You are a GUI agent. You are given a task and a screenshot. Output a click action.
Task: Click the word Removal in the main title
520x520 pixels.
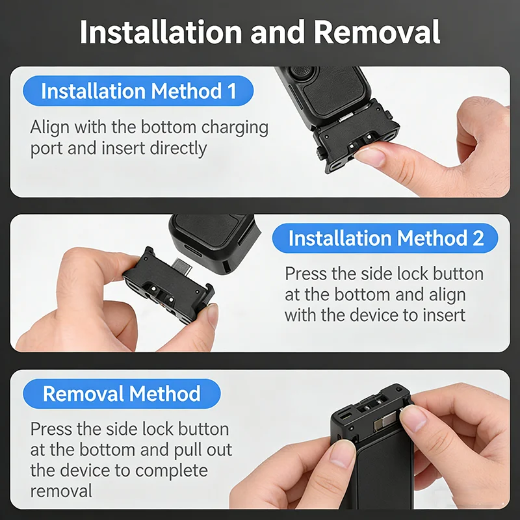[377, 32]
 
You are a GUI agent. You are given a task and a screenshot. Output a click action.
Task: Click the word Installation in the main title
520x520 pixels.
[161, 32]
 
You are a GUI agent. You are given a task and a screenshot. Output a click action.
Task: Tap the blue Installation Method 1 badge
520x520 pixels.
[138, 91]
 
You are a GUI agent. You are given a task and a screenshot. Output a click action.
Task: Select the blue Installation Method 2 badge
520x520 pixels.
[385, 238]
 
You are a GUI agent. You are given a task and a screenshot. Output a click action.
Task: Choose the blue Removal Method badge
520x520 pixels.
[122, 394]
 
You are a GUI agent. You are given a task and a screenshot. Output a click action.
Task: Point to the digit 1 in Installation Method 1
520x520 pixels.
[232, 91]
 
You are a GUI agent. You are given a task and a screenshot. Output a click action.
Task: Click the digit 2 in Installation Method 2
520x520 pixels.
[478, 238]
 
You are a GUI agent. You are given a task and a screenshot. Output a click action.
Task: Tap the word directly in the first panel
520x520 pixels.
[178, 149]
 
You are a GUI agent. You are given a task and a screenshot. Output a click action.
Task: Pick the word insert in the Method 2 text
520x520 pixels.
[443, 315]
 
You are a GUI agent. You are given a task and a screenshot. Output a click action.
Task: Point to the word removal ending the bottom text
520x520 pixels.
[61, 491]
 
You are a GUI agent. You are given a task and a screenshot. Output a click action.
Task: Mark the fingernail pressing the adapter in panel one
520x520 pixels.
[370, 157]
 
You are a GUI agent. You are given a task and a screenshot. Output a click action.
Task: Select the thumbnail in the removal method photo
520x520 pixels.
[413, 418]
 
